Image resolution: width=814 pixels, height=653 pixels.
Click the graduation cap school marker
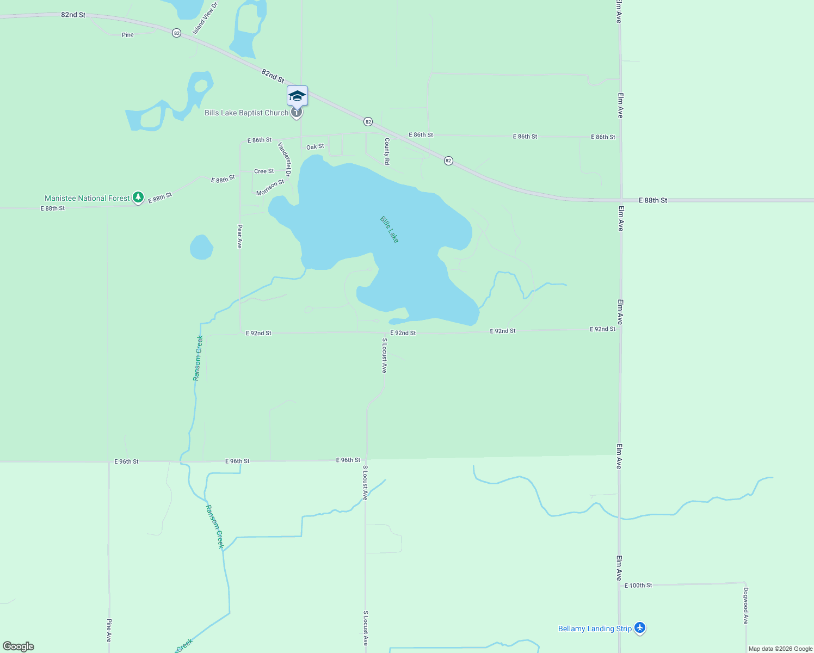297,96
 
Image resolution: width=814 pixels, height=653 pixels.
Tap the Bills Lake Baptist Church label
246,113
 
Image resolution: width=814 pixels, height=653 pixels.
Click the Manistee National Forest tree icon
139,198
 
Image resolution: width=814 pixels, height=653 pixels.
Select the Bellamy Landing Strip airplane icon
640,629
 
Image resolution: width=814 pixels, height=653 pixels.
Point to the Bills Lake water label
390,229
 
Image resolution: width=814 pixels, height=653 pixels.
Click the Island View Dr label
205,18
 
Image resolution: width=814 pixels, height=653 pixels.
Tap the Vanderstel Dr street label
285,159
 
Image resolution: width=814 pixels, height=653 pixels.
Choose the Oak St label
315,147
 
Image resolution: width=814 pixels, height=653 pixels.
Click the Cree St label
264,171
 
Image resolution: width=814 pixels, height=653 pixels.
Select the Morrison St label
270,188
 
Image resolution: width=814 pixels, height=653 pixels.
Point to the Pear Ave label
239,237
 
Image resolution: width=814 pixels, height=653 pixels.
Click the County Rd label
387,151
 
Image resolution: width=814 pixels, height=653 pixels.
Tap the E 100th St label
638,586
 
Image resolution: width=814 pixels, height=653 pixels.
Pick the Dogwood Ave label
745,606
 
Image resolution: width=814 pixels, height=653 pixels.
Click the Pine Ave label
109,630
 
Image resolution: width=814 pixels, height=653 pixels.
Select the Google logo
18,646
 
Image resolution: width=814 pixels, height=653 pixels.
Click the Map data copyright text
780,649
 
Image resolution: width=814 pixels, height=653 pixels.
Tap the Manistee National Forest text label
87,198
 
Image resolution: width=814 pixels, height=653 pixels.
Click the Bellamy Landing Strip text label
595,629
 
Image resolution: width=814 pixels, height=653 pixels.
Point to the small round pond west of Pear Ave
201,247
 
